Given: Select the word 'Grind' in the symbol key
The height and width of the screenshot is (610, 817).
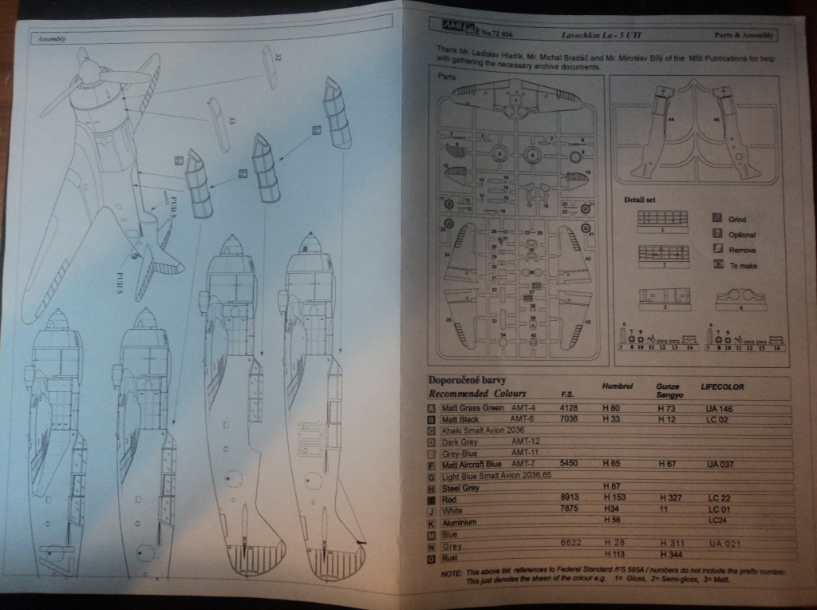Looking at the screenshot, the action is (x=737, y=219).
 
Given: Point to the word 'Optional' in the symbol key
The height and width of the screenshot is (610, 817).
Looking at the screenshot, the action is (x=742, y=235).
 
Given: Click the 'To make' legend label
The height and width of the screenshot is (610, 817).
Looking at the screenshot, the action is (x=744, y=266).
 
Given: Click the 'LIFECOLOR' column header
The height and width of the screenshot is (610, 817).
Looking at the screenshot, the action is (x=722, y=387).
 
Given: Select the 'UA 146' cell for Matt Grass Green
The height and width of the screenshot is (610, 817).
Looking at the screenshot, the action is (x=720, y=409).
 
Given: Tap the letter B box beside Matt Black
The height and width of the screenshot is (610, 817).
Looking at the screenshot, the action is (x=432, y=419).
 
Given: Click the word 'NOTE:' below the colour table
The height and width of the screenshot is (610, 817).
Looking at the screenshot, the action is (x=451, y=572).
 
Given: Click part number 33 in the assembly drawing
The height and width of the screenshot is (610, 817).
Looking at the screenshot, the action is (x=231, y=121).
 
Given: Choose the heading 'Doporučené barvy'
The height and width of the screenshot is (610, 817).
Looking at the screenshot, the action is (x=467, y=380).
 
